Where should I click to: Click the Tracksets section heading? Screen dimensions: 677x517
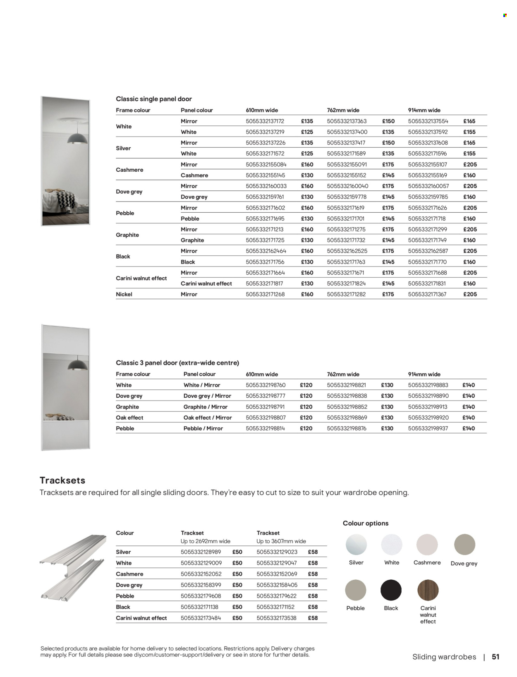pyautogui.click(x=62, y=480)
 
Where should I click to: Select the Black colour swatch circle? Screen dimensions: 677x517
pyautogui.click(x=391, y=590)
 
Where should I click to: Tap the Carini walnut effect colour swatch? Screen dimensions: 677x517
pyautogui.click(x=428, y=590)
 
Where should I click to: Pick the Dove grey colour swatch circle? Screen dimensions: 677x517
pyautogui.click(x=464, y=545)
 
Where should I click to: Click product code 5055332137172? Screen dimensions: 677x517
pyautogui.click(x=265, y=121)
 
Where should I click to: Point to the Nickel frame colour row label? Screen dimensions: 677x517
pyautogui.click(x=124, y=294)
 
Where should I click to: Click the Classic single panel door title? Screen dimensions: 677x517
pyautogui.click(x=154, y=99)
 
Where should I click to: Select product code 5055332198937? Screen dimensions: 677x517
pyautogui.click(x=428, y=428)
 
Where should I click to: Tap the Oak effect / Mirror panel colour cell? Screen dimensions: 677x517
pyautogui.click(x=208, y=418)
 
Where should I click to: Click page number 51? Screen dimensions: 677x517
pyautogui.click(x=495, y=657)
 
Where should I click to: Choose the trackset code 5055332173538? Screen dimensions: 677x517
pyautogui.click(x=276, y=618)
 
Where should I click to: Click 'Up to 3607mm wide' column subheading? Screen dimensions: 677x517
pyautogui.click(x=281, y=541)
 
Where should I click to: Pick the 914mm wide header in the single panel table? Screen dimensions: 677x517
pyautogui.click(x=424, y=110)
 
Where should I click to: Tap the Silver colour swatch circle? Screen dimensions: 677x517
pyautogui.click(x=356, y=545)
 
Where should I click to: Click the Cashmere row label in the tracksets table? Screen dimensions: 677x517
pyautogui.click(x=129, y=574)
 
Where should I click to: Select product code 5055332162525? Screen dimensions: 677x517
pyautogui.click(x=347, y=251)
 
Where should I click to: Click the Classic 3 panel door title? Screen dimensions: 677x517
pyautogui.click(x=177, y=363)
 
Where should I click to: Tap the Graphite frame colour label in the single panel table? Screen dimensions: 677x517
pyautogui.click(x=127, y=235)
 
